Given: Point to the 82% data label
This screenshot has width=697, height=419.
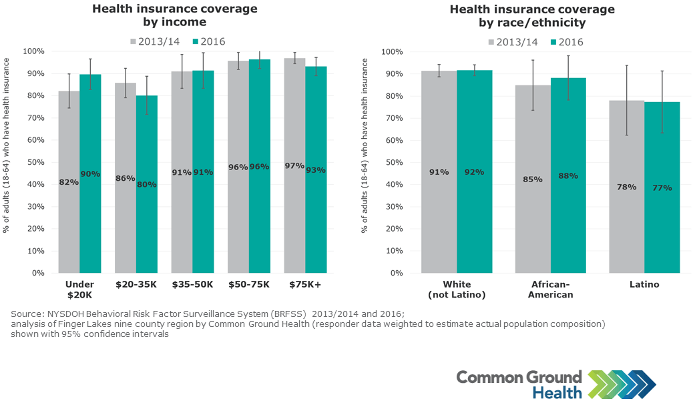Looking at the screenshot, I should (69, 182).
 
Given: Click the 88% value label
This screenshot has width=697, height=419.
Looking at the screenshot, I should (568, 176).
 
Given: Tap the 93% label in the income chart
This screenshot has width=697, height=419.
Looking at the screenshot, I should (316, 170).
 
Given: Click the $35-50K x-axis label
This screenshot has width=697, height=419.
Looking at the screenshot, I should (192, 285).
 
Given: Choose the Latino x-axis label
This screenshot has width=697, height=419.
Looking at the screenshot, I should (644, 285).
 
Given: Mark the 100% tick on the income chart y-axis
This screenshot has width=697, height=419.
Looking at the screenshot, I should (33, 51).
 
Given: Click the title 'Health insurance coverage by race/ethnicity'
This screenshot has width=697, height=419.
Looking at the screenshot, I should (532, 16).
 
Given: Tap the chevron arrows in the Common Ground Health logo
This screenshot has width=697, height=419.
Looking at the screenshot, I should (622, 384).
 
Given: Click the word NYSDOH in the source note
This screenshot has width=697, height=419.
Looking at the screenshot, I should (64, 314).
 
